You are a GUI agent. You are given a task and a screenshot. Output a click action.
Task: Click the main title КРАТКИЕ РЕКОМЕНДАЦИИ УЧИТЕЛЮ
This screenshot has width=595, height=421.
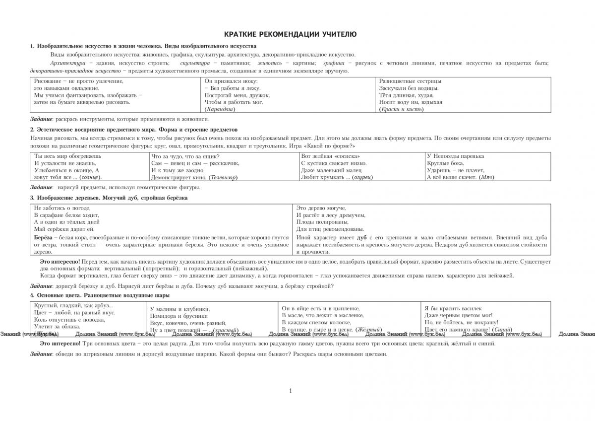coord(290,34)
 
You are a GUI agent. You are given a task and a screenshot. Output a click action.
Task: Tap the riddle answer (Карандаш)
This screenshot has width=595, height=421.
coord(220,109)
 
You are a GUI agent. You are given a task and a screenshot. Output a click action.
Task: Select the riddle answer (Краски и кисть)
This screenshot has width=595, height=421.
coord(401,109)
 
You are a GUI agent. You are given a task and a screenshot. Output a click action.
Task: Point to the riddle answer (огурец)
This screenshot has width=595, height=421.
coord(362,177)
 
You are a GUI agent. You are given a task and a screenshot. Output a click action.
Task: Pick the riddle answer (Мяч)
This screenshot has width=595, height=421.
coord(487,177)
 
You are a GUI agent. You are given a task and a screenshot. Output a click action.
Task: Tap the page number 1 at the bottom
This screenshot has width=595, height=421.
coord(290,391)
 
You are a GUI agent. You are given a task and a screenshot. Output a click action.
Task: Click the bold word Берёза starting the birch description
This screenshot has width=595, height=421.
coord(42,238)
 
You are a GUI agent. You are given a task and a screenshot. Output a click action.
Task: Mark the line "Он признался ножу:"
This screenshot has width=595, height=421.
coord(231,81)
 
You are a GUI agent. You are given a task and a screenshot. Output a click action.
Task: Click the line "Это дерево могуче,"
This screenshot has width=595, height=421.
coord(321,208)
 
